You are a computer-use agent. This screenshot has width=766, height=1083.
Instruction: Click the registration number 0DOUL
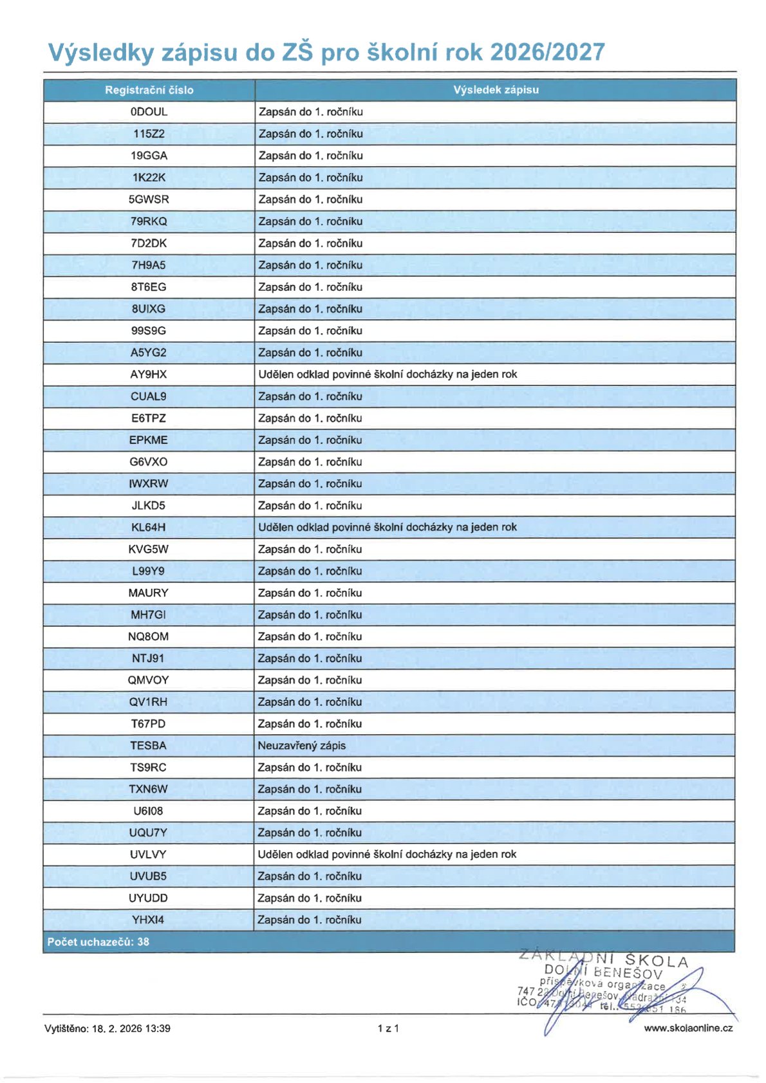pos(149,112)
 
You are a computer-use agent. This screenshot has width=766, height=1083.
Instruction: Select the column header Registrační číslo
pos(149,90)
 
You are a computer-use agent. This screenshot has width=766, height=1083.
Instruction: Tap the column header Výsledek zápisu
pos(496,90)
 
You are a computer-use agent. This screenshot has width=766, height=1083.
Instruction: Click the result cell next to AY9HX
pos(388,375)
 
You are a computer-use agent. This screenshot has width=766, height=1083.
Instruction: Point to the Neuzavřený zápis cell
pos(302,746)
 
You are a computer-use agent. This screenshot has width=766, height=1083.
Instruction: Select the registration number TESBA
pos(148,746)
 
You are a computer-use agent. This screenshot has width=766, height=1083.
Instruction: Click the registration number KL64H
pos(148,528)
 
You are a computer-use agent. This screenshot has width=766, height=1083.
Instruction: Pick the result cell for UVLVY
pos(387,855)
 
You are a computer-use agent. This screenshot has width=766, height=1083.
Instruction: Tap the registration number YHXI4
pos(148,920)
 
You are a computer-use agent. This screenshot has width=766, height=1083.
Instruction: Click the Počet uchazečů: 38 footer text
pos(98,942)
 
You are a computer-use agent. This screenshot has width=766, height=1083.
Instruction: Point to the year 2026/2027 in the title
pos(547,52)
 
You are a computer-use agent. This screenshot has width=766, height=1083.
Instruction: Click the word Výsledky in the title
pos(101,52)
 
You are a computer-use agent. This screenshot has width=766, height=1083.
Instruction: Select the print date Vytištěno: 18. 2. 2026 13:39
pos(107,1028)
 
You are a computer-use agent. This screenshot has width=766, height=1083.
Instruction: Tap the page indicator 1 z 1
pos(388,1028)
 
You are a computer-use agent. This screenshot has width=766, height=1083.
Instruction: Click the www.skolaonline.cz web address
pos(688,1028)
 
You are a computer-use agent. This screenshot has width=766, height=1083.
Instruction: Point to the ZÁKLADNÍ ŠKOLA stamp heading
pos(604,959)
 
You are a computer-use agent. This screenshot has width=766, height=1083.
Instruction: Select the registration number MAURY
pos(148,593)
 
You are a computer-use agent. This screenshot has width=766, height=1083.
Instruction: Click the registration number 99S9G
pos(149,331)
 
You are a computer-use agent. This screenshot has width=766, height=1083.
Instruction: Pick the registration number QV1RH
pos(148,702)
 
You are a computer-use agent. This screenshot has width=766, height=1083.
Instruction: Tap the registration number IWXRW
pos(149,484)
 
